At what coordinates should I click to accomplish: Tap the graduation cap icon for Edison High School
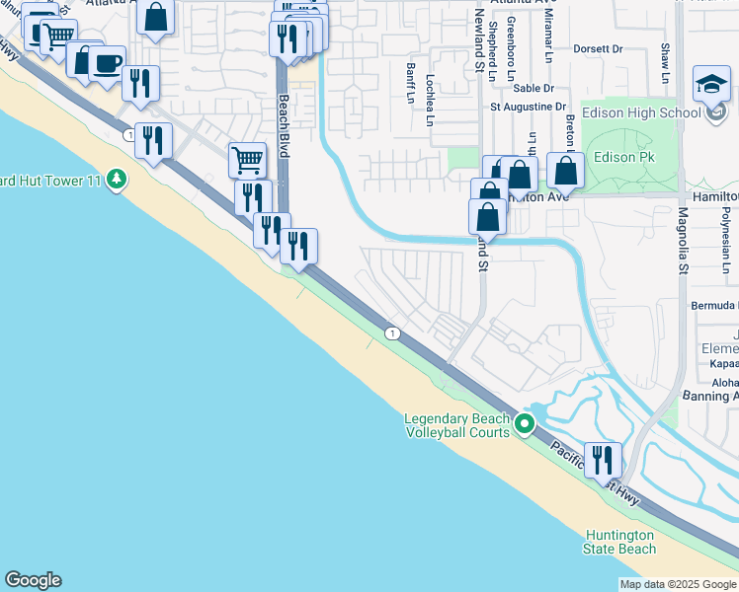pyautogui.click(x=711, y=84)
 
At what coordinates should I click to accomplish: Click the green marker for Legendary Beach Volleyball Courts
pyautogui.click(x=526, y=425)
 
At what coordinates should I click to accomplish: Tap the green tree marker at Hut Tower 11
pyautogui.click(x=118, y=179)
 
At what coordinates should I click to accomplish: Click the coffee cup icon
pyautogui.click(x=107, y=64)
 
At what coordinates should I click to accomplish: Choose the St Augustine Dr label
pyautogui.click(x=530, y=107)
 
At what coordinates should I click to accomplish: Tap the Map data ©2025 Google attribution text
pyautogui.click(x=678, y=584)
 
